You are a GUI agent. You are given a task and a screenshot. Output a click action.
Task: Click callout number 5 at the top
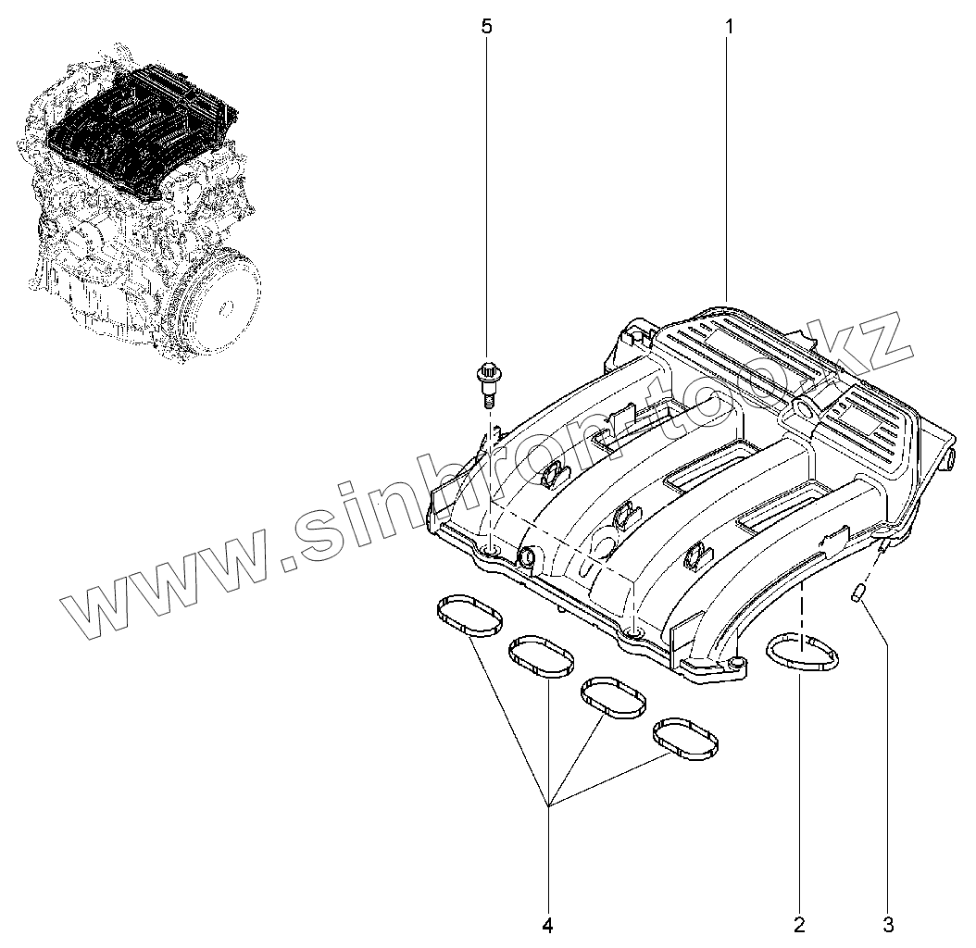pos(486,26)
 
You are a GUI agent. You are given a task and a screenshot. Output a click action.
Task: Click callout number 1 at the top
pos(729,26)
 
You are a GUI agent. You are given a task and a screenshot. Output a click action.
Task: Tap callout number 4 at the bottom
pos(547,924)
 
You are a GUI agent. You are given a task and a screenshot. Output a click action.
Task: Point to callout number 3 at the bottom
pos(888,924)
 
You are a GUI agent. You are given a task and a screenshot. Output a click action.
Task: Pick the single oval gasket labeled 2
pos(802,651)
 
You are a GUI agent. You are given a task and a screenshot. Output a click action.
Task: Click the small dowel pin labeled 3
pos(858,592)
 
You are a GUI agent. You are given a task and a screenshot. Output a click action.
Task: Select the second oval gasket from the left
pos(542,656)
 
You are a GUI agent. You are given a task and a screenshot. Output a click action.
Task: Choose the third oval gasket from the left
pos(613,696)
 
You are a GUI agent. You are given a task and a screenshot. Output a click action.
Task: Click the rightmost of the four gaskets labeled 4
pos(686,736)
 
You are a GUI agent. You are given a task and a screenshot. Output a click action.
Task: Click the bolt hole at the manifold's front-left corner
pos(489,553)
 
